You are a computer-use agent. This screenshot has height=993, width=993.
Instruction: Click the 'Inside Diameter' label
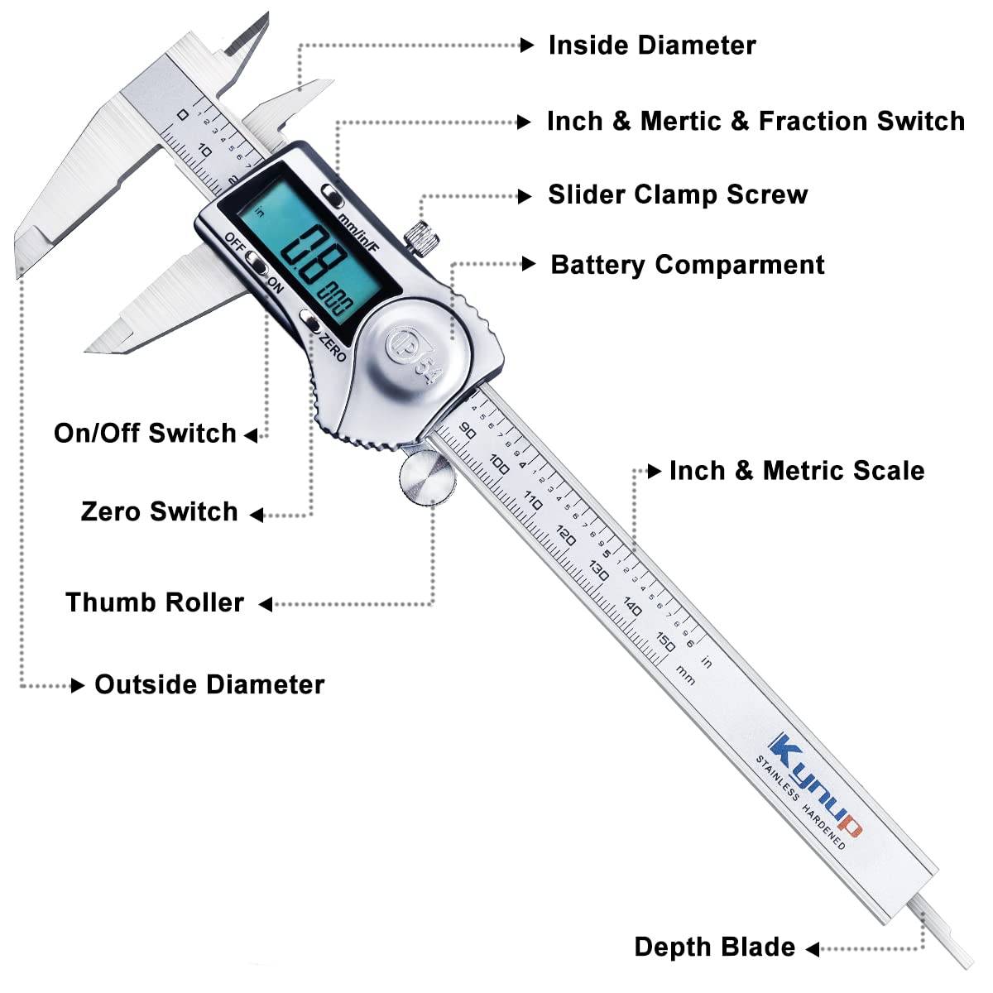click(x=652, y=46)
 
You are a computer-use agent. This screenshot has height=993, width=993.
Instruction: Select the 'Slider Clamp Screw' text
click(x=678, y=195)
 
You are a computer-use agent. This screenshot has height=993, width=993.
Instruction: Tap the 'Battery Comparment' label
click(x=688, y=266)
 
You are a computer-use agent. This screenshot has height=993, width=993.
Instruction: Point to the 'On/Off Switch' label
click(x=145, y=434)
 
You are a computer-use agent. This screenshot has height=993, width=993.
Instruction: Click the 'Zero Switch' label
click(x=159, y=512)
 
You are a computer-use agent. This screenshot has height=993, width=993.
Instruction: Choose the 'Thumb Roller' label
click(x=155, y=602)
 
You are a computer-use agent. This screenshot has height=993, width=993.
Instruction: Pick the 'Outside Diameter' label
click(x=209, y=685)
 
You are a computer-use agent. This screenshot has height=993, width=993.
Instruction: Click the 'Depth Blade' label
click(x=714, y=947)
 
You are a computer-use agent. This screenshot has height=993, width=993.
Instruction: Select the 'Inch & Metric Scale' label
click(x=797, y=471)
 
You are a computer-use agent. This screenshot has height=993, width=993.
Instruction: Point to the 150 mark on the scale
click(x=665, y=640)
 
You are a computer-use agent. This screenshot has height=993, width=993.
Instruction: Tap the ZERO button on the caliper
click(x=311, y=321)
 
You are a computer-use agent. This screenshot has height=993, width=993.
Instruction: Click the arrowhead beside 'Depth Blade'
click(x=813, y=948)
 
